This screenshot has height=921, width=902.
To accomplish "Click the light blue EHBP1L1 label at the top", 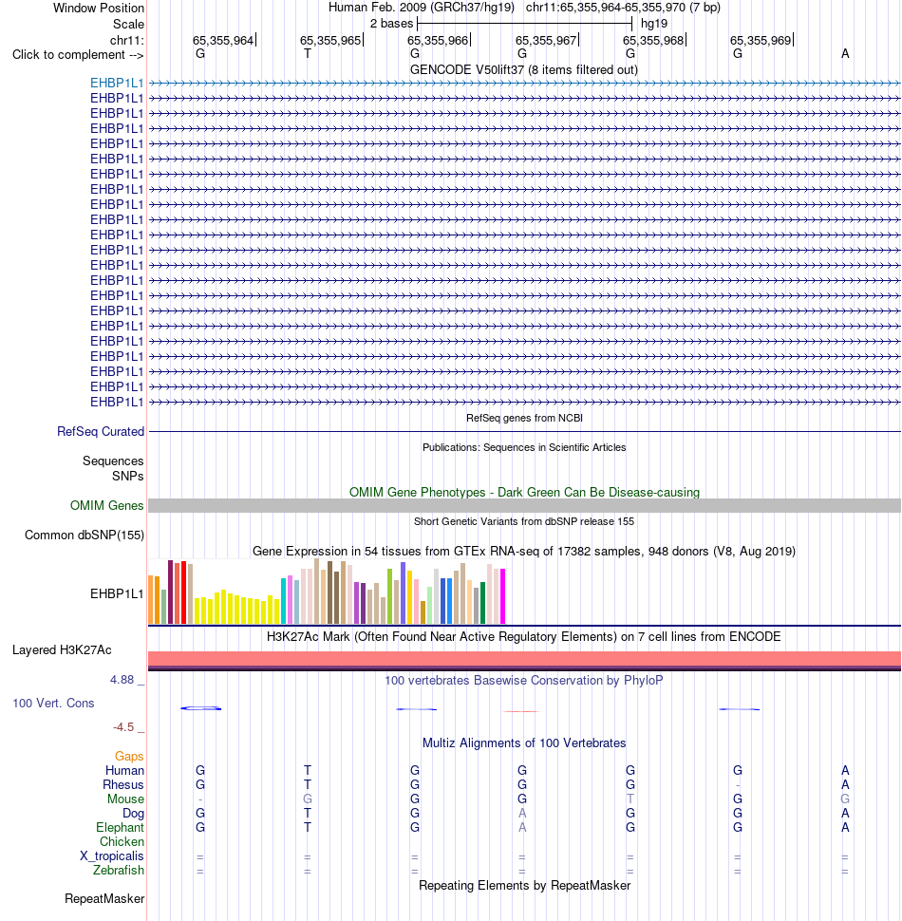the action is tap(117, 83).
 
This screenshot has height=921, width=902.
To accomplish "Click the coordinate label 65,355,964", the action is tap(222, 41).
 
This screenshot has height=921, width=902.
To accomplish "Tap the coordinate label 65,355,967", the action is tap(546, 41).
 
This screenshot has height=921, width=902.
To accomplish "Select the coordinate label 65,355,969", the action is tap(761, 41).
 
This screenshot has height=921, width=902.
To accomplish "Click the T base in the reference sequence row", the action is tap(307, 54).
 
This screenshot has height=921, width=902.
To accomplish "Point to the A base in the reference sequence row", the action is tap(845, 54).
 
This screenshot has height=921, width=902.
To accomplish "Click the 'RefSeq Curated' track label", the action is tap(101, 432).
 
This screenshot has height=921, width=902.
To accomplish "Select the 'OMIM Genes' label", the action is tap(107, 506).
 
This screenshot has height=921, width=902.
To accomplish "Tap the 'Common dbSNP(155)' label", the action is tap(85, 536).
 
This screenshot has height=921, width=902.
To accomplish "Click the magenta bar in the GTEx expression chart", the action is tap(502, 596).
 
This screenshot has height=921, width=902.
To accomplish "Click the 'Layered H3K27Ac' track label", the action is tap(62, 650).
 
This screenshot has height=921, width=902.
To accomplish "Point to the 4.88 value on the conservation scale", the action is tap(122, 680).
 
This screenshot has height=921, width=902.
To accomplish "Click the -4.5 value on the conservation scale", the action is tap(123, 727).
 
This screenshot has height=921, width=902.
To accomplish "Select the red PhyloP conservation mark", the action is tap(521, 711).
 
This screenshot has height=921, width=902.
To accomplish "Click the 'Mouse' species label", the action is tap(125, 799).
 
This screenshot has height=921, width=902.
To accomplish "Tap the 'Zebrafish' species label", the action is tap(119, 871).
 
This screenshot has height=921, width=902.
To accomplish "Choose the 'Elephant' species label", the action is tap(120, 828).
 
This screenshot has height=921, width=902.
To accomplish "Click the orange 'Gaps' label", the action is tap(129, 757).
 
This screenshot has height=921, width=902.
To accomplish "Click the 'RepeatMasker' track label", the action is tap(104, 898).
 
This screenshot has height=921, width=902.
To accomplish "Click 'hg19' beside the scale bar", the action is tap(654, 24).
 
